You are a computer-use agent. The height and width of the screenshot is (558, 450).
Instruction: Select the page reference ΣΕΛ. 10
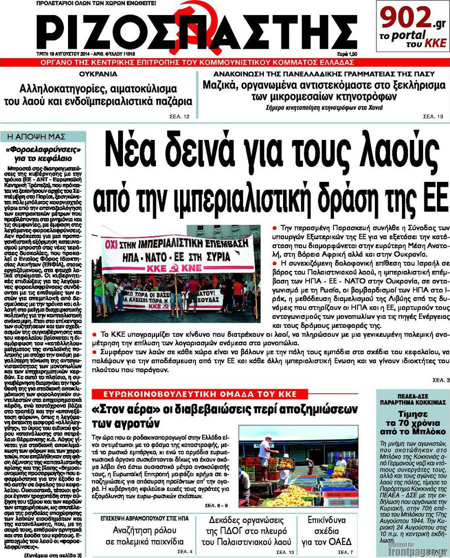click(x=433, y=116)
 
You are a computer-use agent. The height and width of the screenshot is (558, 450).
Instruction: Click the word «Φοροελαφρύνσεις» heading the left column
click(x=43, y=149)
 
